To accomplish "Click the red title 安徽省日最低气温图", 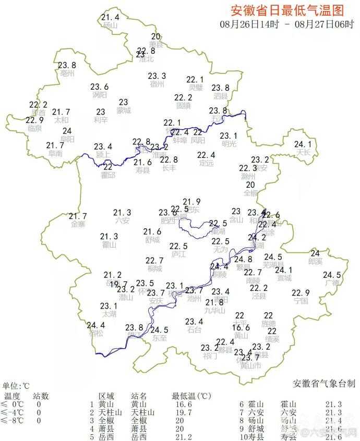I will pos(287,10).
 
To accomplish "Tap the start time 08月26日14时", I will pos(249,24).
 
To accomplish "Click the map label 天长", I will pos(304,153).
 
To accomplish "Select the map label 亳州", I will pos(67,73).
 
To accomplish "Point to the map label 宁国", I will pos(301,301).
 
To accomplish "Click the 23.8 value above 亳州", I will pos(67,65).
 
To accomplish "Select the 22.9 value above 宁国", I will pos(301,292).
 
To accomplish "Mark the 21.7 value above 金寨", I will pos(78,216).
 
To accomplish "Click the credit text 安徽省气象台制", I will pos(325,384).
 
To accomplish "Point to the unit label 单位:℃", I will pos(16,386).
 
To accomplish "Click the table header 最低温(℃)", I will pos(191,396).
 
